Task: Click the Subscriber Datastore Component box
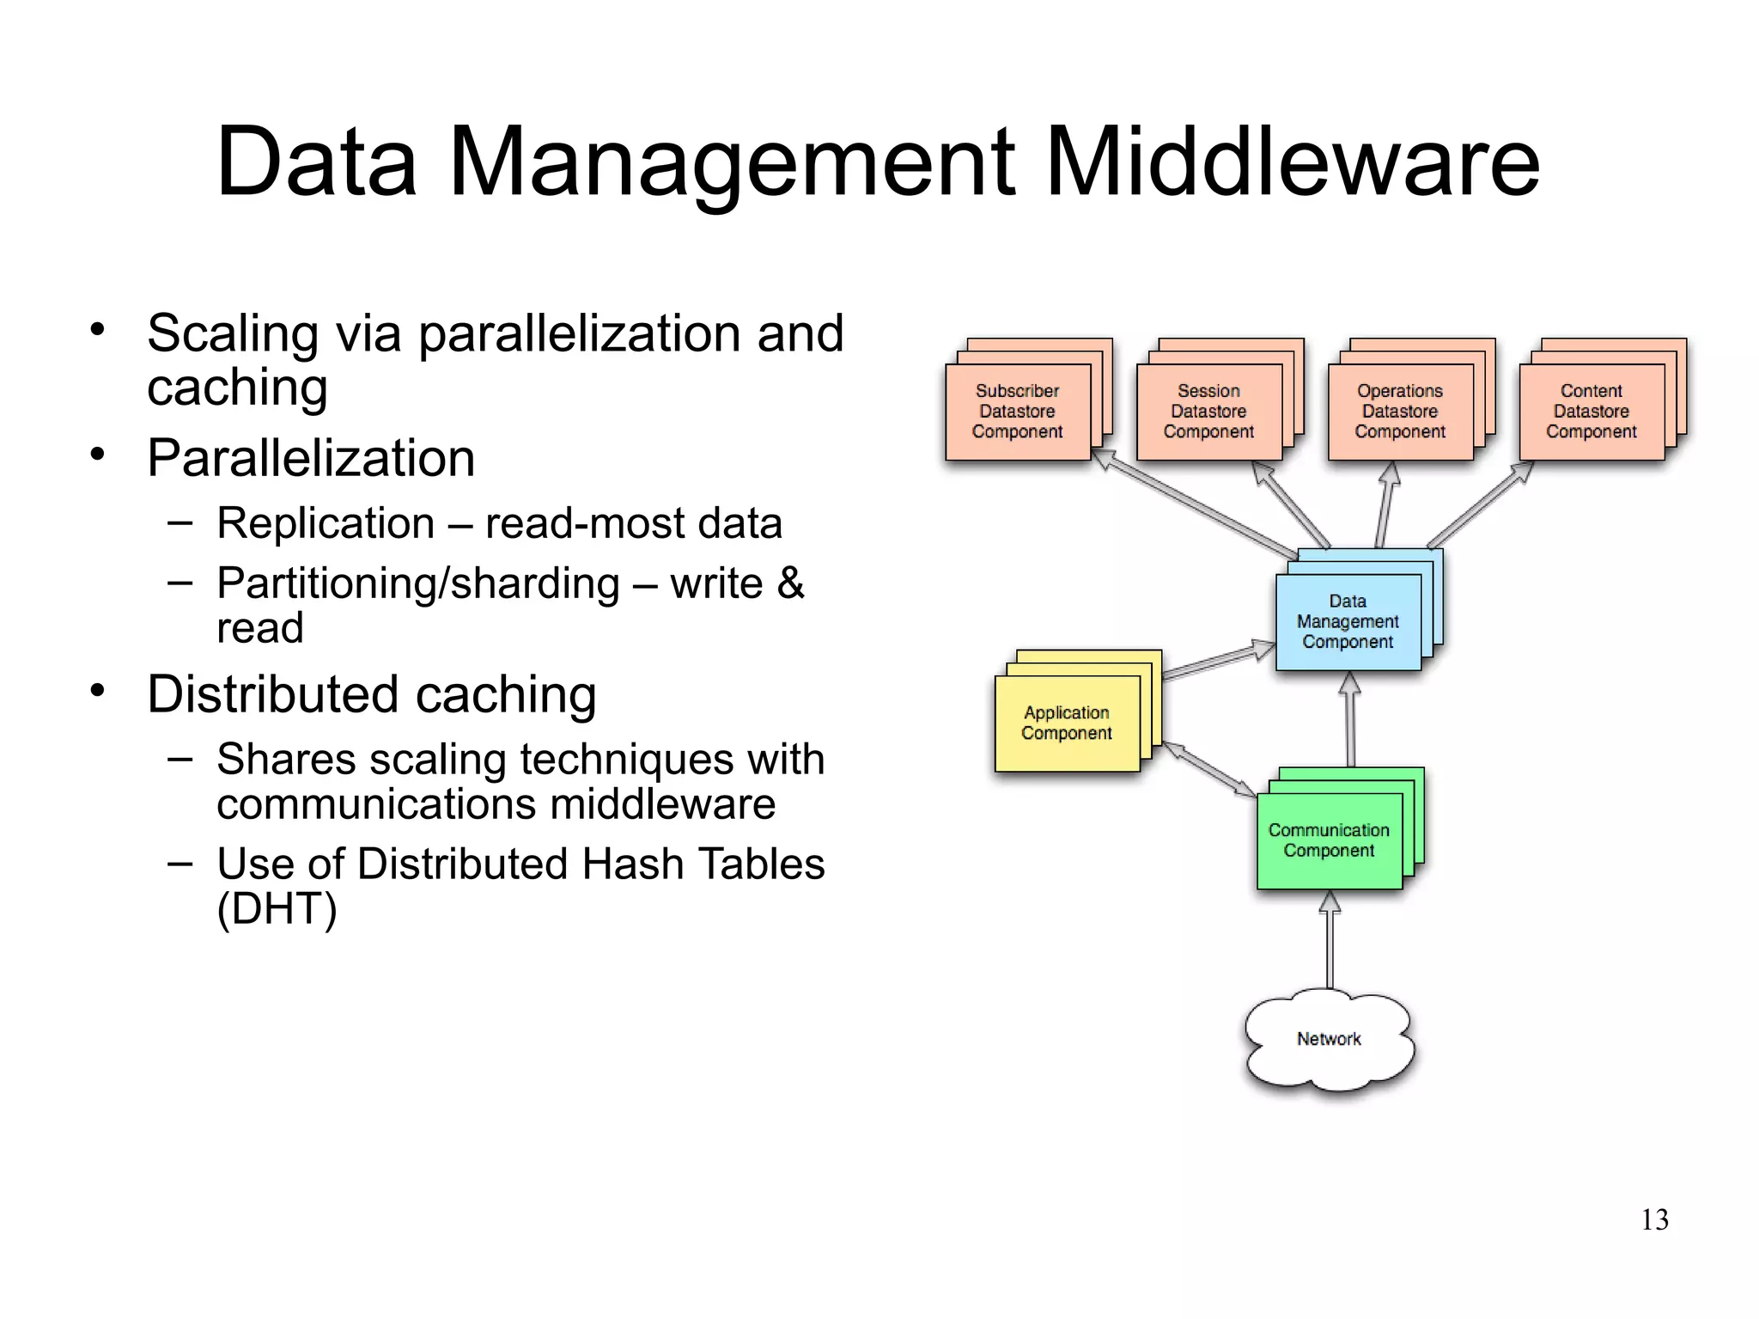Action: tap(1018, 412)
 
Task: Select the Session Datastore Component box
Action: tap(1208, 412)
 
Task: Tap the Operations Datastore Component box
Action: tap(1400, 412)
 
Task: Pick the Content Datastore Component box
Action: tap(1591, 412)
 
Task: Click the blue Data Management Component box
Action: tap(1348, 621)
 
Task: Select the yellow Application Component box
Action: tap(1067, 723)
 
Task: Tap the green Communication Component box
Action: tap(1329, 840)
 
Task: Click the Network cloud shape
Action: tap(1329, 1040)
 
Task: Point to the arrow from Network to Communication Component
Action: tap(1330, 941)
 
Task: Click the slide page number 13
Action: tap(1654, 1219)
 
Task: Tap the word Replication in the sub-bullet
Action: tap(326, 523)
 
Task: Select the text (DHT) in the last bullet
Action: tap(277, 909)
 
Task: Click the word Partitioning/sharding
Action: tap(417, 583)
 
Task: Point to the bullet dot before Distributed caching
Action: tap(97, 690)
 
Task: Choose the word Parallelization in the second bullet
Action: tap(311, 458)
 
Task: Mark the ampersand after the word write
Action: tap(790, 583)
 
